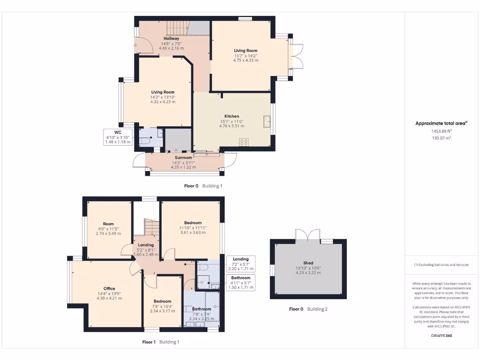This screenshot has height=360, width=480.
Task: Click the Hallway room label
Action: coord(171,38)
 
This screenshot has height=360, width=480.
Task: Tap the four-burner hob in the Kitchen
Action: coord(244,142)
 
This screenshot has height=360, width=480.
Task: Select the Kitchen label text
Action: coord(232,116)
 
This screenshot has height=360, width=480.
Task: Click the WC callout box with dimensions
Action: coord(118,137)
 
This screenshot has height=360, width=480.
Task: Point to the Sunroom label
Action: coord(183,158)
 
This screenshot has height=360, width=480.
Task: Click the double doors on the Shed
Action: coord(308,234)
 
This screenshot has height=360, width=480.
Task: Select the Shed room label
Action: coord(308,263)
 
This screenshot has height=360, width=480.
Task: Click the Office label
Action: coord(109,289)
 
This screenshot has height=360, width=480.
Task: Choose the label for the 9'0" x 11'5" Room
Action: coord(108,224)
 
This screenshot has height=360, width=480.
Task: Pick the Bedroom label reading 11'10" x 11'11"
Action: coord(193,223)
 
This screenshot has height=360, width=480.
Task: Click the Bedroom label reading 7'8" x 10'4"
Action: coord(163,301)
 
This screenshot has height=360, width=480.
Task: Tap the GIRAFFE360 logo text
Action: coord(441,336)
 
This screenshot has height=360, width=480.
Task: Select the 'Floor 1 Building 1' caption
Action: coord(161,342)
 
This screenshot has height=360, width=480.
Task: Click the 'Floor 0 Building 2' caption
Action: coord(308,309)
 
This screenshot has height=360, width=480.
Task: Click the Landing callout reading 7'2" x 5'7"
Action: coord(241,264)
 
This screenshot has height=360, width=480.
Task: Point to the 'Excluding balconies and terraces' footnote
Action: coord(441,265)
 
